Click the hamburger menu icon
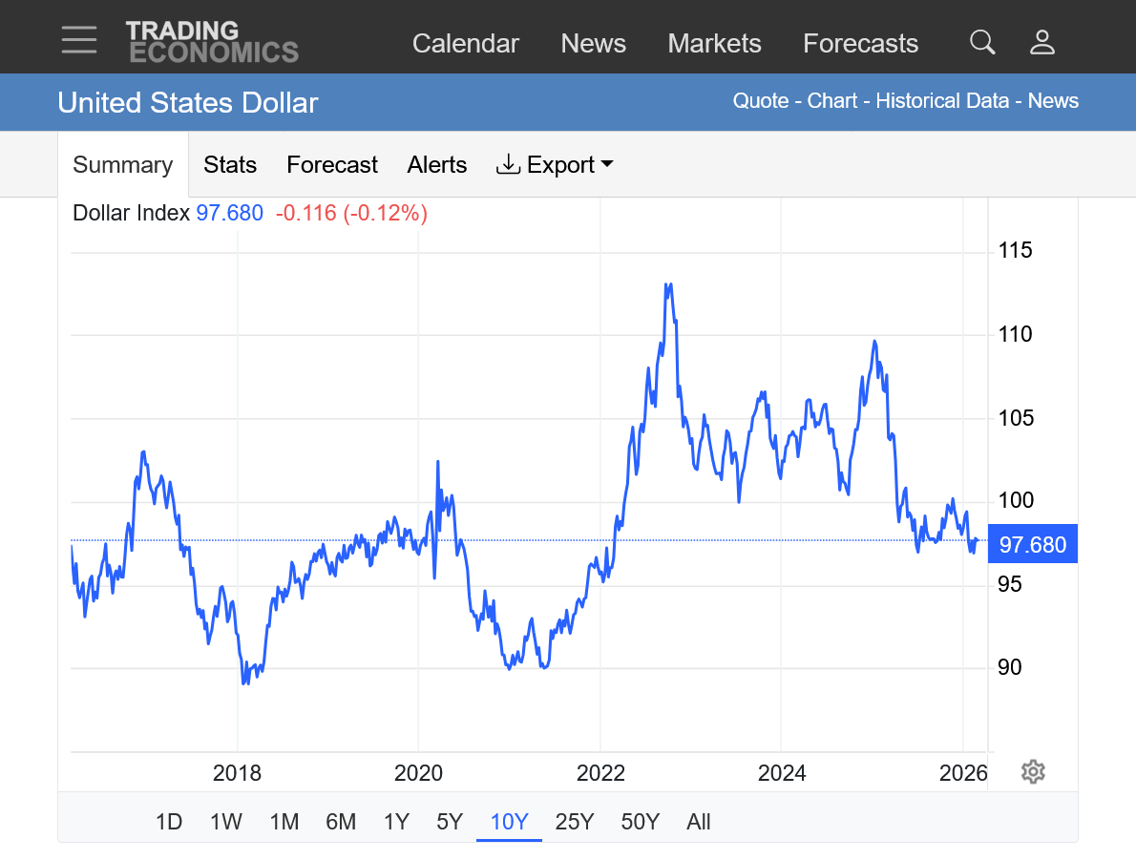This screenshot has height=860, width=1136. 79,40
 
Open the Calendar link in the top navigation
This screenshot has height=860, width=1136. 466,44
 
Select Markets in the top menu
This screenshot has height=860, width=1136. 714,44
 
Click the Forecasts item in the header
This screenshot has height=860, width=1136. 860,44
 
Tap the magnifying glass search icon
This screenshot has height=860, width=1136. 982,42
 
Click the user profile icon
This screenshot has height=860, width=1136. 1042,42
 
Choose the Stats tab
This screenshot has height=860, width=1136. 230,165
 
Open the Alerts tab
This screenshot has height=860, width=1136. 437,165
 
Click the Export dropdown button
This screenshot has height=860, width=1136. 555,165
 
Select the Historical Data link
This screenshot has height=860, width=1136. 942,101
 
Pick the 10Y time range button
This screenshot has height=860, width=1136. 509,822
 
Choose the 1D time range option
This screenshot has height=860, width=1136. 169,822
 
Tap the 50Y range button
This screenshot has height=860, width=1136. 640,822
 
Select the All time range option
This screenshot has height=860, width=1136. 699,822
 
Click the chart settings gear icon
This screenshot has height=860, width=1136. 1033,771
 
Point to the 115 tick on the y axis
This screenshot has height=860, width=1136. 1016,251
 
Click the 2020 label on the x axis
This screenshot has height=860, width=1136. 418,773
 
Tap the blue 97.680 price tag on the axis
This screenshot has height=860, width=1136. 1033,546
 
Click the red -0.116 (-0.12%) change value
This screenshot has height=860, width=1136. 351,213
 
